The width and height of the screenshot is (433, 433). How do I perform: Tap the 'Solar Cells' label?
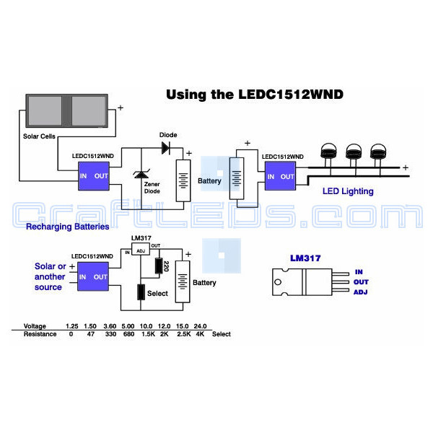[42, 136]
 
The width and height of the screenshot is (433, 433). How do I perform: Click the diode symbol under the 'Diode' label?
[166, 148]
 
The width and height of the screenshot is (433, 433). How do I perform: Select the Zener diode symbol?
[139, 177]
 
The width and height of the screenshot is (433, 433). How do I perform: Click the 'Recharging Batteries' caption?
[67, 227]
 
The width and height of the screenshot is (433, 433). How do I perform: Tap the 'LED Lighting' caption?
[348, 191]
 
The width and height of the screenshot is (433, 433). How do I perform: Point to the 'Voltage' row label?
[35, 326]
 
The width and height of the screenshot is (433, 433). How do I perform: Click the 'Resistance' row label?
[40, 335]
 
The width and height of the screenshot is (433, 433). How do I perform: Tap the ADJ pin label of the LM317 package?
[362, 292]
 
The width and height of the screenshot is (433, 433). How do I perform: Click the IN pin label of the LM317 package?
[358, 272]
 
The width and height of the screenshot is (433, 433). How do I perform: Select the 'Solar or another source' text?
[49, 276]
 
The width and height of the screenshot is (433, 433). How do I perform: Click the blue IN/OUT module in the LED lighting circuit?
[279, 176]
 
